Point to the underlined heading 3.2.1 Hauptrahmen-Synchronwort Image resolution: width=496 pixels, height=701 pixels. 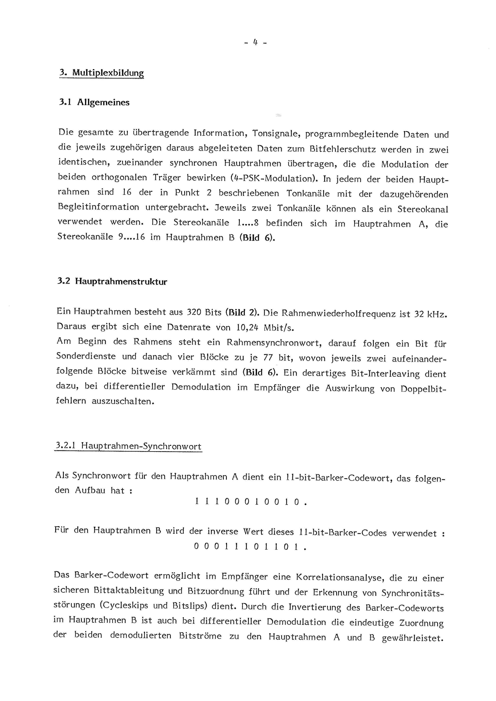(128, 447)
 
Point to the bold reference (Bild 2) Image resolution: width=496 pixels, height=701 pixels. (242, 313)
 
